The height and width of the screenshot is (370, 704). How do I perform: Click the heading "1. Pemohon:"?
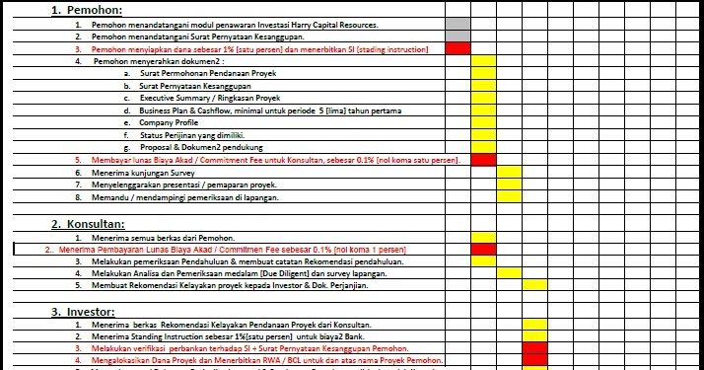[84, 10]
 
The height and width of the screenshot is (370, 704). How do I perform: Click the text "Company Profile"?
[169, 122]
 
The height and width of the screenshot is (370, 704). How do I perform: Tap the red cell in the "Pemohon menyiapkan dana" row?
[458, 48]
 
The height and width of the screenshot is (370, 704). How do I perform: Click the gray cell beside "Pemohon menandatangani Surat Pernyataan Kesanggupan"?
[458, 36]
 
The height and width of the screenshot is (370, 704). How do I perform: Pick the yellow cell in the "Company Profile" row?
[483, 122]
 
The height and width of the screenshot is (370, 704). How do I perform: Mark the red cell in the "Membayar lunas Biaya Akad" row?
[483, 160]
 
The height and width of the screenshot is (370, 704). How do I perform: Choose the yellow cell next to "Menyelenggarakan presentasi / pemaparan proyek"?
[509, 185]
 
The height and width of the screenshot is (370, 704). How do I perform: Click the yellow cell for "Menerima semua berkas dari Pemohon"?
[483, 238]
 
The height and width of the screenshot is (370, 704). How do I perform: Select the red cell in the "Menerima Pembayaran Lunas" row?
[483, 250]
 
